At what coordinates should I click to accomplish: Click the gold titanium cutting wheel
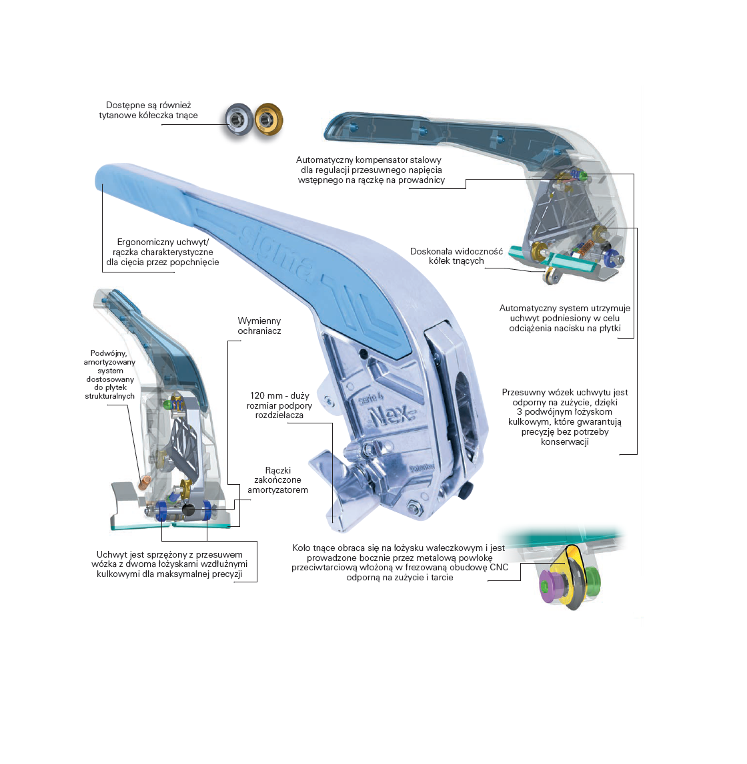point(268,120)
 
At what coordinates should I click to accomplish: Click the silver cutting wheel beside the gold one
point(239,120)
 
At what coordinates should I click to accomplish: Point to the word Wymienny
point(259,321)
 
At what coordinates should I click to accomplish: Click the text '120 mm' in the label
point(266,395)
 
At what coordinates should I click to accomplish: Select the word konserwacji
point(564,442)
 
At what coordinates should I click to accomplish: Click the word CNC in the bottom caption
point(499,567)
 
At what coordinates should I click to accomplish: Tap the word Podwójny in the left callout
point(109,353)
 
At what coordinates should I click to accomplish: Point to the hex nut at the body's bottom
point(415,508)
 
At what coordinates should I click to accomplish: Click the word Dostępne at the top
point(125,106)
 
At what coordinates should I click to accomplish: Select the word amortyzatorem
point(277,490)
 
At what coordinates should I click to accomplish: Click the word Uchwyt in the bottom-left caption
point(112,554)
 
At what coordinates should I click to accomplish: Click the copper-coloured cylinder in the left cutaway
point(144,484)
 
